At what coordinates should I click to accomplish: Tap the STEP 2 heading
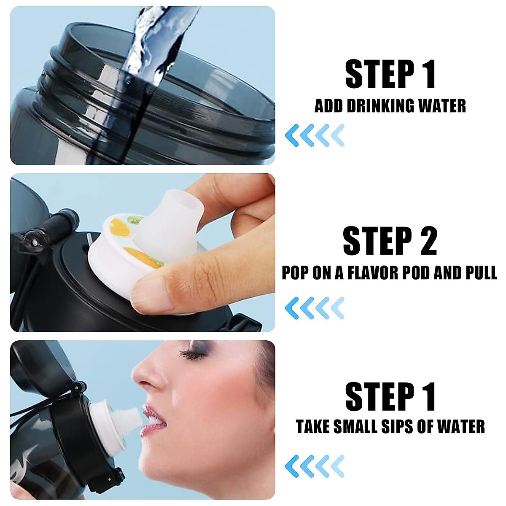pyautogui.click(x=390, y=241)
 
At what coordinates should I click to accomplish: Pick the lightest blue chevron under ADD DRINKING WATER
pyautogui.click(x=337, y=135)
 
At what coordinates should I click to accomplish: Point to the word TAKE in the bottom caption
pyautogui.click(x=313, y=426)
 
